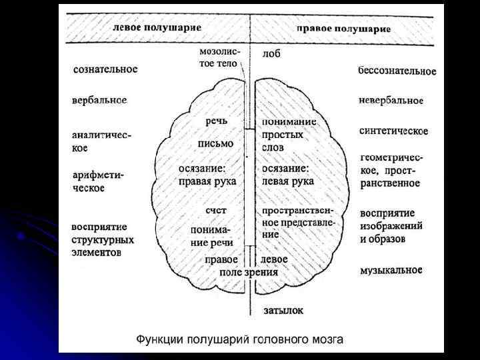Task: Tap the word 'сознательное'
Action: click(105, 69)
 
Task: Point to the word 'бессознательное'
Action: click(397, 71)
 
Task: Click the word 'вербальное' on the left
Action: click(99, 100)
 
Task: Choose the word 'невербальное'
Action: click(391, 100)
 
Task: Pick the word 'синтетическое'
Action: click(393, 131)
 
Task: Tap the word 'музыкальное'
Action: click(391, 270)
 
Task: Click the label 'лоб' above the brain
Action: click(271, 53)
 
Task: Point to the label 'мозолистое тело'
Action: click(220, 57)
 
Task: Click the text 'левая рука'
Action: click(288, 181)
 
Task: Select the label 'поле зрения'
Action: click(250, 272)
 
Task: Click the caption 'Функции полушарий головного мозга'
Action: click(240, 339)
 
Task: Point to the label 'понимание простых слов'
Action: click(288, 134)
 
